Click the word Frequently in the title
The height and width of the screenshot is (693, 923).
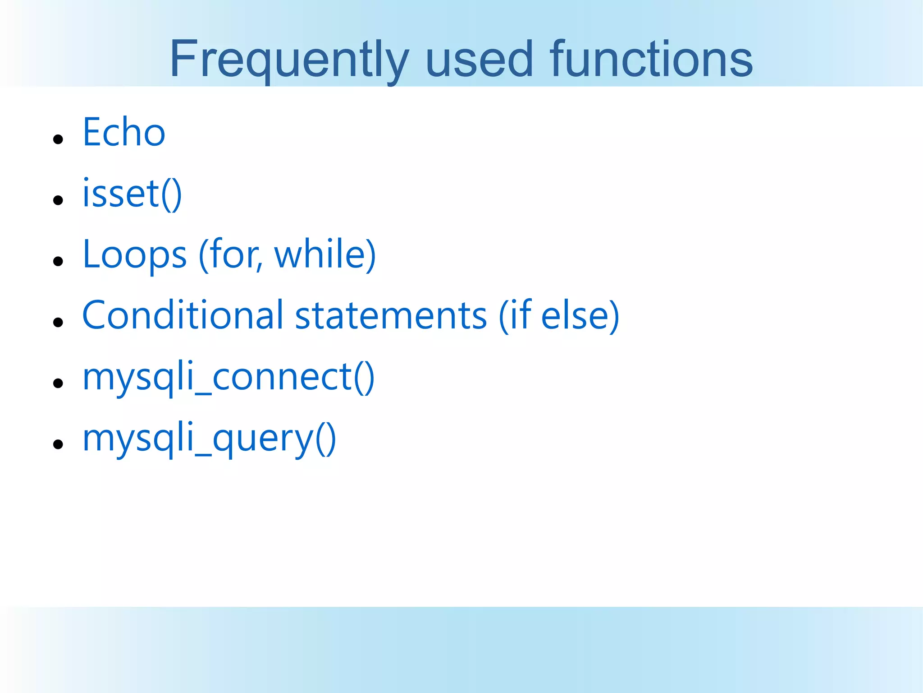(x=289, y=60)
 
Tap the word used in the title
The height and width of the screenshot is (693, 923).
(x=479, y=60)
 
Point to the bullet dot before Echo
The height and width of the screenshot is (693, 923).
(x=58, y=139)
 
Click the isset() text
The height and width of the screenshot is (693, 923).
(x=132, y=194)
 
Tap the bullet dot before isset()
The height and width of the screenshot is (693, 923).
(x=58, y=200)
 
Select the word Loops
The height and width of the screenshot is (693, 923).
(x=134, y=255)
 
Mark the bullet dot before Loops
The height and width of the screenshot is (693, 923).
(x=58, y=261)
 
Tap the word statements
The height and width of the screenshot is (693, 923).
(x=391, y=316)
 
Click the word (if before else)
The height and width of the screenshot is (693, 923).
(x=515, y=316)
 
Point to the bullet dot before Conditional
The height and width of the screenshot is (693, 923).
(x=58, y=322)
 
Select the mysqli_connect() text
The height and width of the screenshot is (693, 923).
(x=228, y=377)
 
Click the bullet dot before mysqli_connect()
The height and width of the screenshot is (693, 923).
(x=58, y=383)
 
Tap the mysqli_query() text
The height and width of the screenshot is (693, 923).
(x=209, y=439)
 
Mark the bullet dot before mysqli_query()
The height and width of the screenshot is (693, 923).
(x=58, y=444)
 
